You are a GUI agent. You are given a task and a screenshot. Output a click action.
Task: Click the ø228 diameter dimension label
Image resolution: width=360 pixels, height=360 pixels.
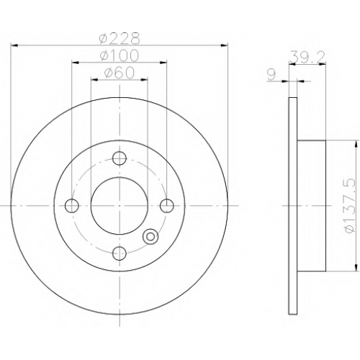click(x=120, y=38)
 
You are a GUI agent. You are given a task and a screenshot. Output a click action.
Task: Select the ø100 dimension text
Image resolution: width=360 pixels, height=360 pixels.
click(x=120, y=55)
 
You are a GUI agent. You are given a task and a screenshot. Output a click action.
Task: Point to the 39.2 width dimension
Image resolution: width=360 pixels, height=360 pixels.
click(x=307, y=57)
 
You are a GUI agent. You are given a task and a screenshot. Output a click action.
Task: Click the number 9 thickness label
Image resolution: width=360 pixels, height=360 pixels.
click(x=271, y=75)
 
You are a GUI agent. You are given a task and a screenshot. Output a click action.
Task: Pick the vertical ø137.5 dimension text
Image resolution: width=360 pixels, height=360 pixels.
click(x=349, y=205)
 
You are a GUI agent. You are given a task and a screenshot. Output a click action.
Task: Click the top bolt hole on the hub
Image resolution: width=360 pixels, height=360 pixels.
click(x=120, y=158)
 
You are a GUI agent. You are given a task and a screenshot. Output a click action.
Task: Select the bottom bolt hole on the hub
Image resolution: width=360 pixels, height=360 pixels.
click(x=120, y=253)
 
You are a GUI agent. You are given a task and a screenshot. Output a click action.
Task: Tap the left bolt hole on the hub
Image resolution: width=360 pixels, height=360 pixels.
click(x=72, y=206)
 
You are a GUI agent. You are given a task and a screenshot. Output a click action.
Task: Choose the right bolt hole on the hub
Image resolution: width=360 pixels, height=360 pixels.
click(x=167, y=206)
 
